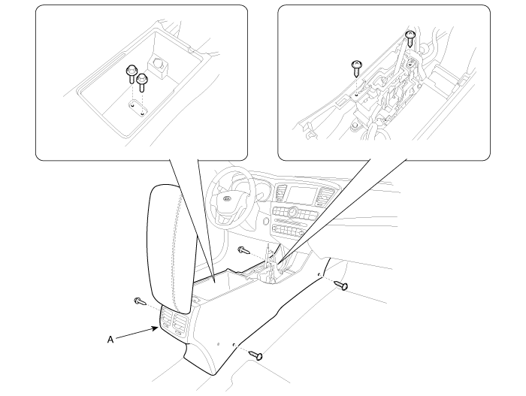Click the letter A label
110,340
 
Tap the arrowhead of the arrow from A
156,328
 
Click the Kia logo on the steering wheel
227,199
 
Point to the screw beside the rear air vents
140,301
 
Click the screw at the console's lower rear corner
255,355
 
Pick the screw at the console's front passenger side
341,286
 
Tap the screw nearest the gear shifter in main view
244,250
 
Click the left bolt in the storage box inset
131,75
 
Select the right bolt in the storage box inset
142,83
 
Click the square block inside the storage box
158,65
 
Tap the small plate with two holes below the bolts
138,110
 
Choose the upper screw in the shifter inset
410,38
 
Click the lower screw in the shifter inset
357,69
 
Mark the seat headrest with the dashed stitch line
171,246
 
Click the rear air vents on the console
174,322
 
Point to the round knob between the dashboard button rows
293,212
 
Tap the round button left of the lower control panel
266,222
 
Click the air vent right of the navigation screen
324,197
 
